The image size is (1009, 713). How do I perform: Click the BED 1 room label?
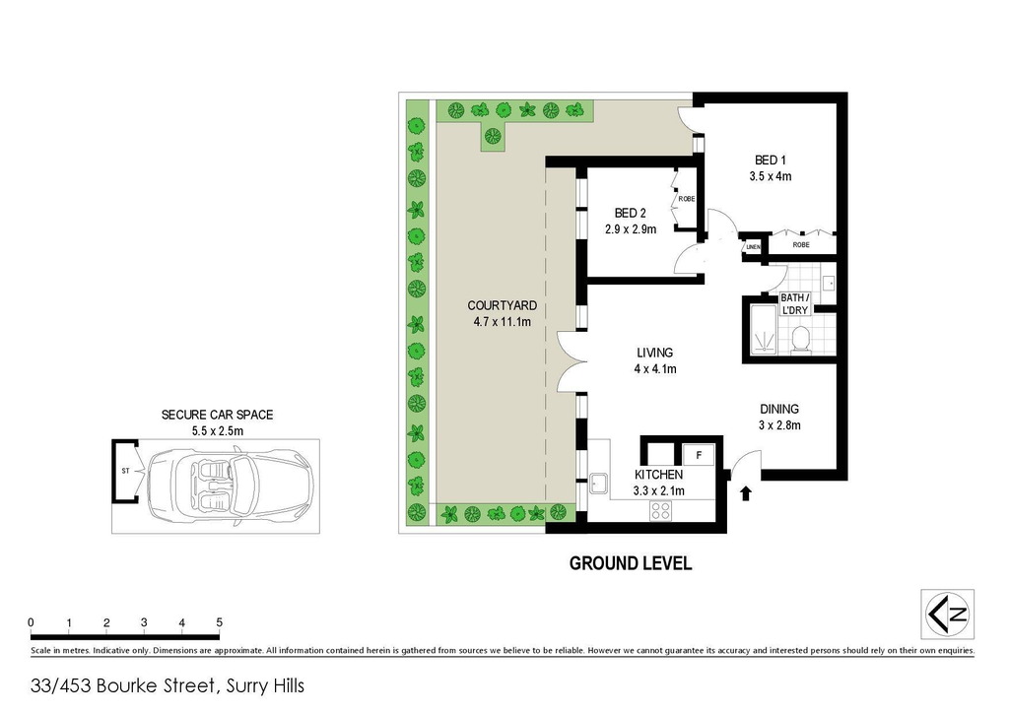tap(771, 161)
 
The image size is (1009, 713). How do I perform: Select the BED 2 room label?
tap(630, 213)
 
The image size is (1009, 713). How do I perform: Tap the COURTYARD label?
tap(502, 306)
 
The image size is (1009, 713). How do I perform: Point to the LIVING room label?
tap(654, 353)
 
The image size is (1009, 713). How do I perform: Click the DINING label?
tap(779, 409)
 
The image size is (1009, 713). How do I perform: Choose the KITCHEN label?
tap(658, 475)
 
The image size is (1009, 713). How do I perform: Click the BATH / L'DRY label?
tap(794, 304)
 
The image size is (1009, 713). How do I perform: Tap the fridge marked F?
tap(699, 455)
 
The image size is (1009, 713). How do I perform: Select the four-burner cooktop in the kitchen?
tap(660, 511)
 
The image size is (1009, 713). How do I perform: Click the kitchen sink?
tap(599, 484)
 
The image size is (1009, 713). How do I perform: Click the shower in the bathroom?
tap(764, 331)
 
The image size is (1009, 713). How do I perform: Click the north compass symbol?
tap(947, 614)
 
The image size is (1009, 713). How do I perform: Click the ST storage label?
tap(125, 472)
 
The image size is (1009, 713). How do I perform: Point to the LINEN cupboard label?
tap(753, 247)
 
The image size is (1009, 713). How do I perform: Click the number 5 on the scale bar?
tap(220, 622)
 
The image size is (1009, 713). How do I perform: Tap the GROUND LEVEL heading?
tap(631, 564)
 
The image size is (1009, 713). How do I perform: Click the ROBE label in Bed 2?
tap(687, 199)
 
